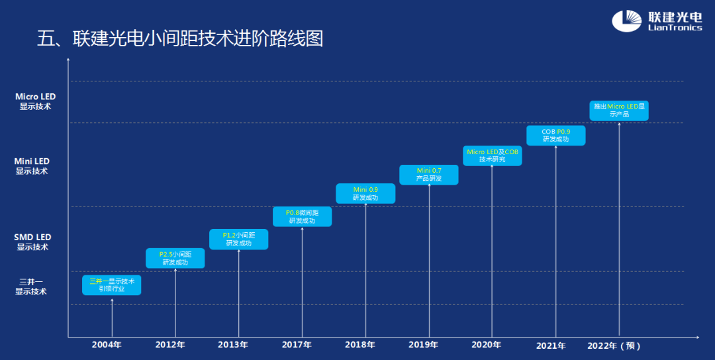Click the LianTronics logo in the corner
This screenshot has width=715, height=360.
click(x=656, y=21)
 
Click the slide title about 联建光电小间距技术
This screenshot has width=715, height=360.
click(x=180, y=38)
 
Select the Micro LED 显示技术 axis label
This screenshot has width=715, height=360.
click(x=35, y=101)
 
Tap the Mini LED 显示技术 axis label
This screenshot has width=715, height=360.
click(x=32, y=166)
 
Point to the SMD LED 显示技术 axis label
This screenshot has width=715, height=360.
click(x=32, y=242)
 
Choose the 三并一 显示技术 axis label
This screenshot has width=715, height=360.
click(x=31, y=287)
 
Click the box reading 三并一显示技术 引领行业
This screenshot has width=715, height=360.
click(x=112, y=285)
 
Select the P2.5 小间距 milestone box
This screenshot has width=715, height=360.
click(x=175, y=258)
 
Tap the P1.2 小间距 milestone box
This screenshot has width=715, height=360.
click(x=239, y=239)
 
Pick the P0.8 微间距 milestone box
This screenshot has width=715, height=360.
click(x=303, y=216)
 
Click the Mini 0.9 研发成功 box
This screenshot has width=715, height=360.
click(x=365, y=193)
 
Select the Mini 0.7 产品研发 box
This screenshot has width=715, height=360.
click(x=429, y=175)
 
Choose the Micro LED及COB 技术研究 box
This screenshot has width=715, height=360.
click(x=493, y=156)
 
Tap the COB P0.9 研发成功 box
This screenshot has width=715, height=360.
click(x=556, y=135)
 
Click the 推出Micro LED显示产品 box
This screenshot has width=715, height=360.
click(x=619, y=111)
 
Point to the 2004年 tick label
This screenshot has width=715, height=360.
click(x=107, y=345)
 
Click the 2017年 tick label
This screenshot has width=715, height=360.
click(x=297, y=345)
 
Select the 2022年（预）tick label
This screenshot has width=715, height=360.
click(x=614, y=345)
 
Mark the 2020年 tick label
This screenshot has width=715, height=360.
click(x=487, y=345)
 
